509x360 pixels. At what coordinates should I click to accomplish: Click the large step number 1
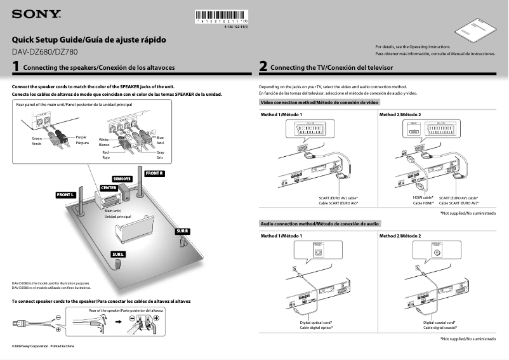15,66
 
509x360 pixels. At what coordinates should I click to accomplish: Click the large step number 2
263,66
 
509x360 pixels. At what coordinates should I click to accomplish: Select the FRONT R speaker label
155,173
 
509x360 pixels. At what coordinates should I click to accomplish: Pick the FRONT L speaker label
65,194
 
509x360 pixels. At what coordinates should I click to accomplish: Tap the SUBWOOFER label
122,179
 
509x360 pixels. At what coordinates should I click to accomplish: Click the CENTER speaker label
109,187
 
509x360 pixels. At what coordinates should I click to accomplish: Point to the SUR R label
182,231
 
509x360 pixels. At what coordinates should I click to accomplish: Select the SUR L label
118,255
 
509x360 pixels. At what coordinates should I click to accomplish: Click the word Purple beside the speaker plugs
81,137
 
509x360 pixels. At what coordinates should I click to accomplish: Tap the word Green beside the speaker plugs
36,138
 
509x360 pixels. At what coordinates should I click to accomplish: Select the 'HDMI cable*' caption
423,197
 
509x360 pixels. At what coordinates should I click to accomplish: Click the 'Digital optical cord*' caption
316,323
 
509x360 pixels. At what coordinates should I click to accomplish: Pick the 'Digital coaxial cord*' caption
440,323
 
